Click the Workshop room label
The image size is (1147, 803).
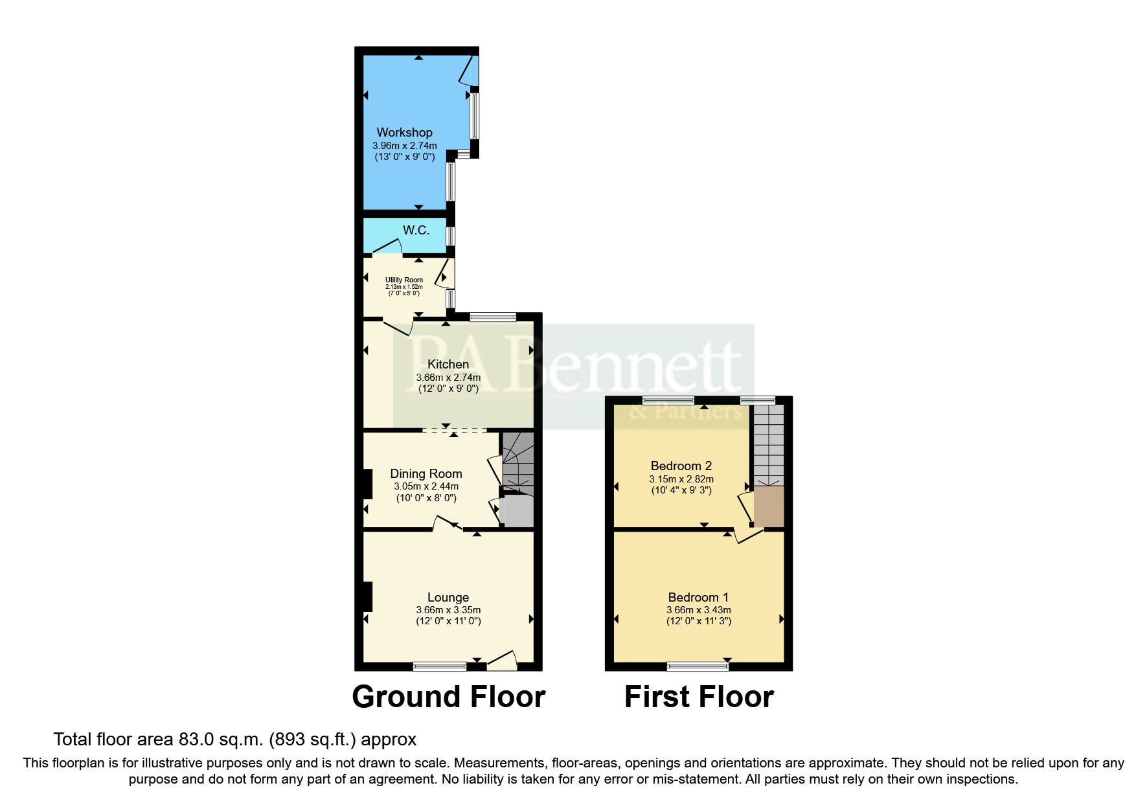tap(404, 133)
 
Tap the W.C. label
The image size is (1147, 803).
tap(416, 231)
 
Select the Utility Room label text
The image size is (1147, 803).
tap(404, 280)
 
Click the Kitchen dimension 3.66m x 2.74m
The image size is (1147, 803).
tap(448, 377)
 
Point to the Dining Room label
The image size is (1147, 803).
tap(426, 474)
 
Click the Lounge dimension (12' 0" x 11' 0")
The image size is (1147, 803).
tap(448, 621)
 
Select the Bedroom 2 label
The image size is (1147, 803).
tap(681, 466)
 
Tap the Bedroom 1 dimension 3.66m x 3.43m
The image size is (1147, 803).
tap(698, 610)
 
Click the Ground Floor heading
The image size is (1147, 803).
tap(448, 697)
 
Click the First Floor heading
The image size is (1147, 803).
tap(699, 697)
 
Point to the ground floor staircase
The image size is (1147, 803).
tap(518, 463)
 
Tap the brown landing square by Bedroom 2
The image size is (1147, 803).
tap(769, 506)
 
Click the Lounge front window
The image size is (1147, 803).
tap(440, 666)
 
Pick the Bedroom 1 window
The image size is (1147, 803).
tap(698, 666)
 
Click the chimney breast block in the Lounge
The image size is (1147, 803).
tap(367, 596)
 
